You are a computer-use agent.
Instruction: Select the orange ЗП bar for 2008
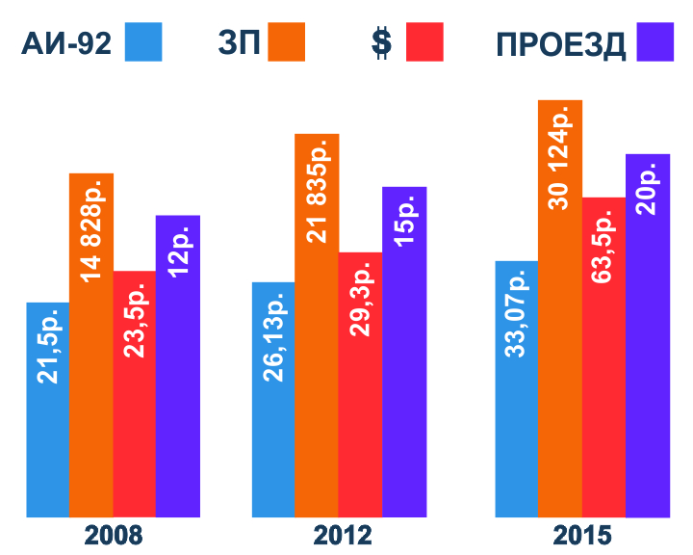click(91, 347)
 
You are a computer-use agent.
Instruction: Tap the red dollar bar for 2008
click(135, 395)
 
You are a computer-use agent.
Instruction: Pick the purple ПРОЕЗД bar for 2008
click(178, 366)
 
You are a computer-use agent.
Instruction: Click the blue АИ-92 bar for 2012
click(273, 400)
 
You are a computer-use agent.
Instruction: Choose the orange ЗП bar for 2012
click(317, 328)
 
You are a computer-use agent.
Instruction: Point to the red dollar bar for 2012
click(360, 385)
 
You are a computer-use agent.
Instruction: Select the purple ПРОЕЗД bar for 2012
click(403, 352)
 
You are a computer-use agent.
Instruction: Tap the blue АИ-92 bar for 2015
click(516, 390)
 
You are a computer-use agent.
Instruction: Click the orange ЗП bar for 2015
click(560, 308)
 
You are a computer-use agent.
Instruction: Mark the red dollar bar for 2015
click(603, 357)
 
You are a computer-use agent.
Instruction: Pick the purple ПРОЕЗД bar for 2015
click(647, 337)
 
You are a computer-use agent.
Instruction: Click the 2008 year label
click(114, 536)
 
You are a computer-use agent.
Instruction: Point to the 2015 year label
click(582, 536)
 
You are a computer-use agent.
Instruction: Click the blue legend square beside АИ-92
click(143, 42)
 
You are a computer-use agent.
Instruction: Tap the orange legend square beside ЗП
click(287, 42)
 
